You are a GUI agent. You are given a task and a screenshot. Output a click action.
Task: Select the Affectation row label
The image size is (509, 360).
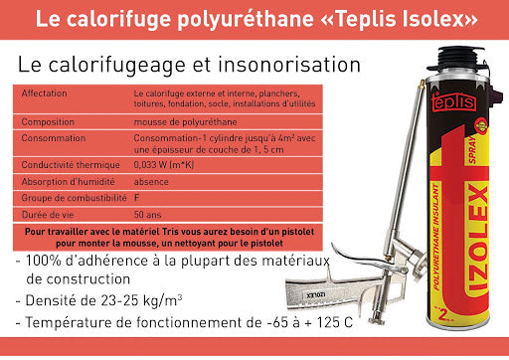click(x=46, y=92)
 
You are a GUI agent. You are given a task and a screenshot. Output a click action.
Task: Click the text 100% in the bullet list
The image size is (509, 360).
click(x=48, y=261)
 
